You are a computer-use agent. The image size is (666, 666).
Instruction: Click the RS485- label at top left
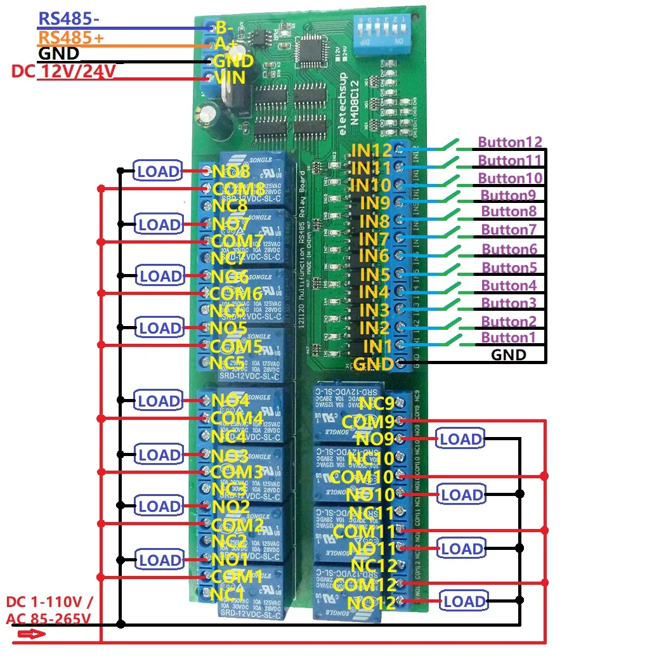[69, 19]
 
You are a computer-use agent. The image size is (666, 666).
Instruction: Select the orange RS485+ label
[71, 38]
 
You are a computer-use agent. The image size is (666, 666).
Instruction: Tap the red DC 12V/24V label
[63, 71]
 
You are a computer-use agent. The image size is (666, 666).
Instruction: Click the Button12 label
[510, 142]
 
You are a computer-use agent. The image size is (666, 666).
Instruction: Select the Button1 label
[508, 337]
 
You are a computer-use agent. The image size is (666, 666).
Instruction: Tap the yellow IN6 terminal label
[374, 256]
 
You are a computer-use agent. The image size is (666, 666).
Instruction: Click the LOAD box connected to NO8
[157, 171]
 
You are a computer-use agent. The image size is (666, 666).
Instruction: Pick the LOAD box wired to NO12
[464, 601]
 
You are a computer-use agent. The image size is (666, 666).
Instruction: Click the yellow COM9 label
[367, 422]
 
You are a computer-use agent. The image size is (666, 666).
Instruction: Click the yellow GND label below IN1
[372, 365]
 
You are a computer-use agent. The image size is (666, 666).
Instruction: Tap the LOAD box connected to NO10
[461, 495]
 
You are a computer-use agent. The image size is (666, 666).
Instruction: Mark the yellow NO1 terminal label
[230, 559]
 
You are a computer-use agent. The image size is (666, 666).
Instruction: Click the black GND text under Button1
[509, 355]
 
